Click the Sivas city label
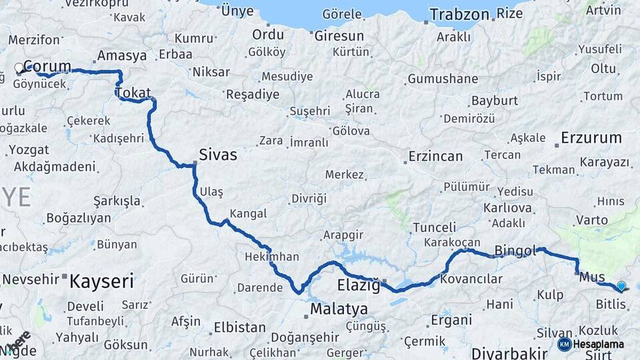[x=218, y=155]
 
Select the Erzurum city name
[x=591, y=138]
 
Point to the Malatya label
[x=339, y=309]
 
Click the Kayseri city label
[x=102, y=280]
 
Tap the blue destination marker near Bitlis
[x=621, y=286]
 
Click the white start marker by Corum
[x=19, y=67]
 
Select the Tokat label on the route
[x=133, y=93]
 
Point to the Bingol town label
[x=515, y=251]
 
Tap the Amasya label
[x=121, y=55]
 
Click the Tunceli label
[x=435, y=227]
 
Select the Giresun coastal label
[x=339, y=36]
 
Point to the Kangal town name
[x=248, y=214]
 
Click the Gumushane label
[x=443, y=79]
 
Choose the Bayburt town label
[x=494, y=101]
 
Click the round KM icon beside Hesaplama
[x=564, y=345]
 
